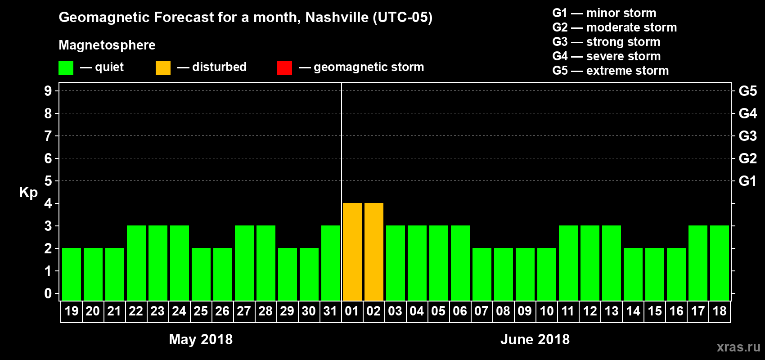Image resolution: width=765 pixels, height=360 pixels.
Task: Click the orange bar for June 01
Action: pyautogui.click(x=352, y=252)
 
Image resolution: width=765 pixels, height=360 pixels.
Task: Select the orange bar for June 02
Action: pyautogui.click(x=373, y=252)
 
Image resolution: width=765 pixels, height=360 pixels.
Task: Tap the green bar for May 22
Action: pyautogui.click(x=136, y=263)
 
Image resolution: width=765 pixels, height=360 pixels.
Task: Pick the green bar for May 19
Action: pyautogui.click(x=71, y=274)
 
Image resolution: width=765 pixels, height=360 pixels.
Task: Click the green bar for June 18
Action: pyautogui.click(x=719, y=263)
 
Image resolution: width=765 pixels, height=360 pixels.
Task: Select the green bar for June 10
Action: pyautogui.click(x=546, y=274)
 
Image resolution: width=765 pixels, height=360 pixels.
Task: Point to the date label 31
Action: pyautogui.click(x=330, y=311)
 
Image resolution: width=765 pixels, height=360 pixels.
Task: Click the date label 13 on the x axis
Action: pyautogui.click(x=611, y=311)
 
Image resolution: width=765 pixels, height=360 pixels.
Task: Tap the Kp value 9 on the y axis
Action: pyautogui.click(x=48, y=91)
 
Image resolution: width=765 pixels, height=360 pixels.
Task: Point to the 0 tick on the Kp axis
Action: pyautogui.click(x=48, y=293)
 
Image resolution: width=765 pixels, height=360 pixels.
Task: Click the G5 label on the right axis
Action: pyautogui.click(x=747, y=91)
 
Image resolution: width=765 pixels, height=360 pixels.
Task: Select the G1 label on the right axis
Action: pyautogui.click(x=747, y=181)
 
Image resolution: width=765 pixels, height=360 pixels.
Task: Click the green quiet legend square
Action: pyautogui.click(x=66, y=68)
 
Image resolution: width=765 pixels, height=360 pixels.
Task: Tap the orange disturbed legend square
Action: pyautogui.click(x=163, y=68)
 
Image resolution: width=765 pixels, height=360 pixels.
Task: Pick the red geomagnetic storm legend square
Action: pyautogui.click(x=284, y=68)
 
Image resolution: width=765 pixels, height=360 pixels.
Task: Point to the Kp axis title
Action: pyautogui.click(x=28, y=192)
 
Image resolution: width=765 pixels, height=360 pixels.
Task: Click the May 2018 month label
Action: pyautogui.click(x=201, y=339)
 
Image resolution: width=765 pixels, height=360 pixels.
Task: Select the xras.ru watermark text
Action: pyautogui.click(x=738, y=347)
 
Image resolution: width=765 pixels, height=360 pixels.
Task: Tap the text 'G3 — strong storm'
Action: pyautogui.click(x=606, y=42)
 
